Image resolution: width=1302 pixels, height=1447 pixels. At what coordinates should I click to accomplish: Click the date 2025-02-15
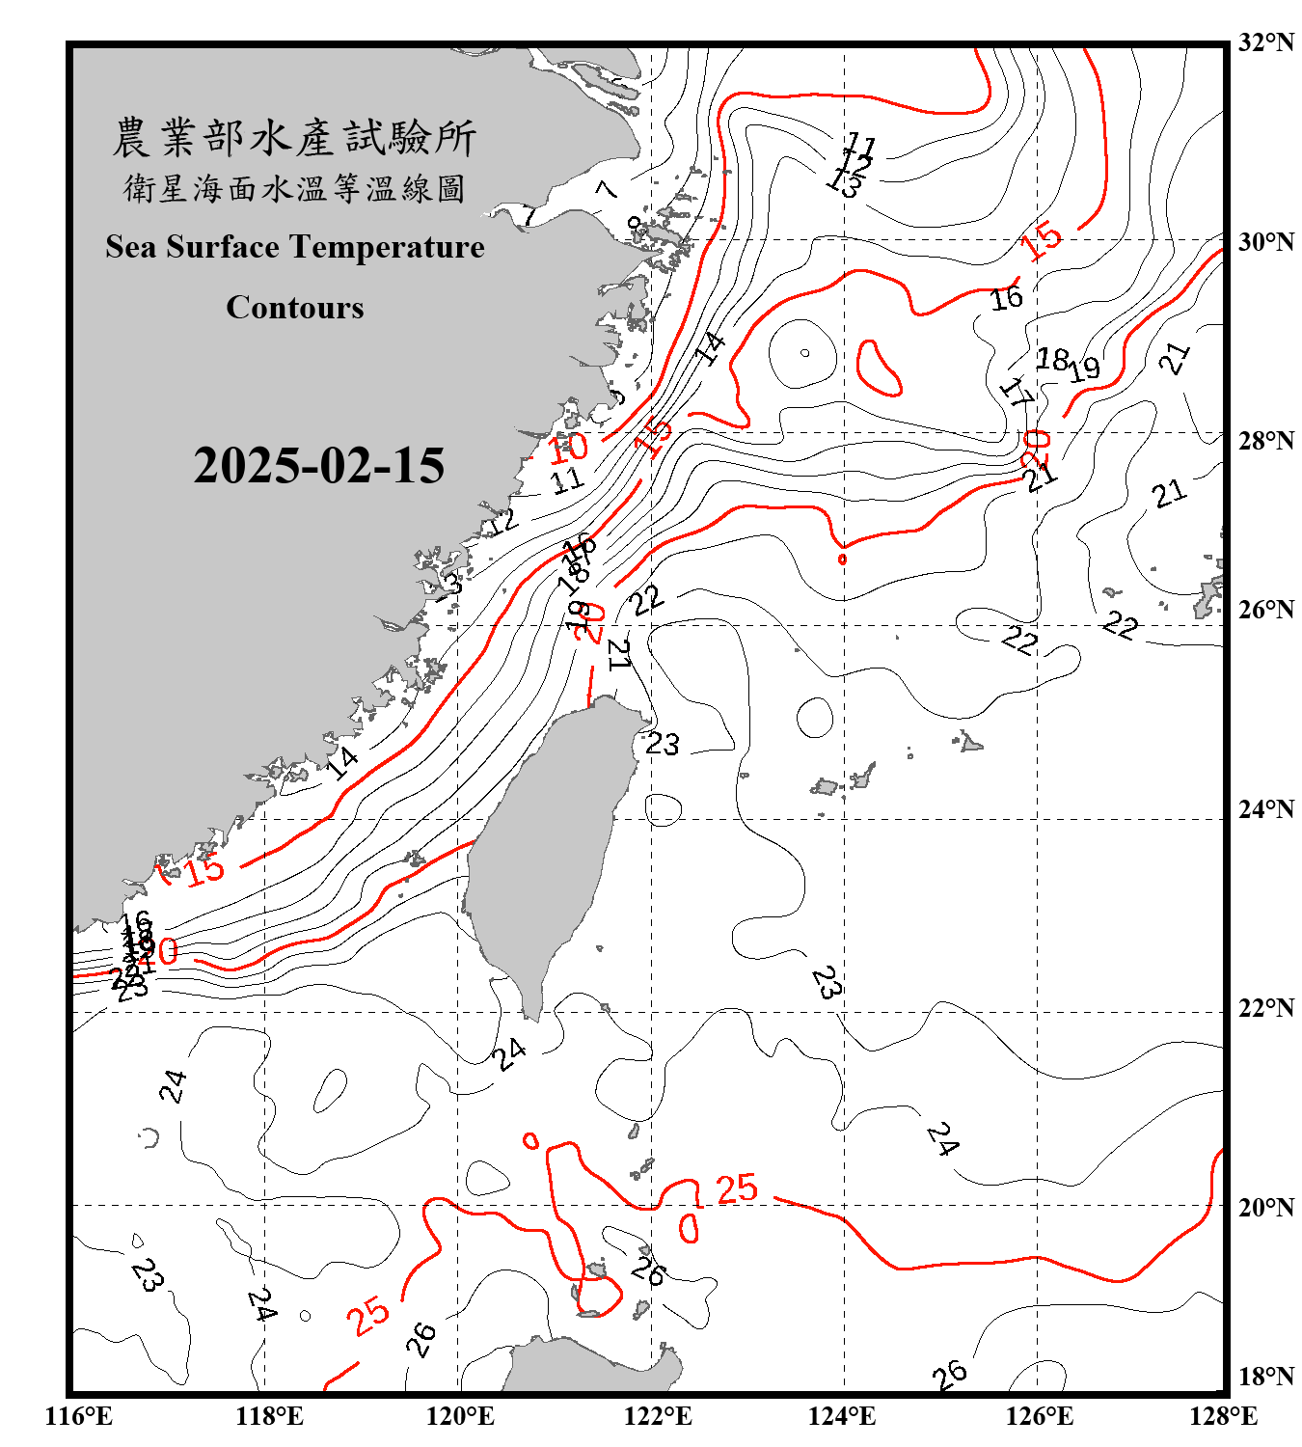pos(318,466)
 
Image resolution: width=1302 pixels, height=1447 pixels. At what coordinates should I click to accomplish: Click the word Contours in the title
pos(295,308)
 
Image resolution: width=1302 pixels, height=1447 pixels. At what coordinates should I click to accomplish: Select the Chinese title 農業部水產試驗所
pos(294,138)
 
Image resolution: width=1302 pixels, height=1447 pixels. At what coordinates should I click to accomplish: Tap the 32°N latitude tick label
pos(1265,42)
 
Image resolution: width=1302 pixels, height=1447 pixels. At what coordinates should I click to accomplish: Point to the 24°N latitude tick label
pos(1265,809)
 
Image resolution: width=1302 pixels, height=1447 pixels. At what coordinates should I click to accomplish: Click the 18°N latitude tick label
pos(1265,1377)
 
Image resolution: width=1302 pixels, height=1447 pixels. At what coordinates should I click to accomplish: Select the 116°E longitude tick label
pos(79,1416)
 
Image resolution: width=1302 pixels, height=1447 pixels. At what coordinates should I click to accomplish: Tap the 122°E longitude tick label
pos(658,1416)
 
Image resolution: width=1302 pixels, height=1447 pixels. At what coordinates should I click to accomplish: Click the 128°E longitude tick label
pos(1223,1416)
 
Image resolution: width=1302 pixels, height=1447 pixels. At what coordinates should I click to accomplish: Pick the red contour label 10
pos(568,447)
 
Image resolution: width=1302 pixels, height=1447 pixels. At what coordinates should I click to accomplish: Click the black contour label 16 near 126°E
pos(1007,298)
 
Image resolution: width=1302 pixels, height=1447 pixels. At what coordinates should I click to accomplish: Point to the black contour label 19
pos(1084,368)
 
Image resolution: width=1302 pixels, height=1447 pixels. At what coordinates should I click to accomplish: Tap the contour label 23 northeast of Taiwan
pos(663,744)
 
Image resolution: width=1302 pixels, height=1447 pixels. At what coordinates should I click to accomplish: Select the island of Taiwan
pos(550,849)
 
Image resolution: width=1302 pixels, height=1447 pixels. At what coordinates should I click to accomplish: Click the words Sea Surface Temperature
pos(295,247)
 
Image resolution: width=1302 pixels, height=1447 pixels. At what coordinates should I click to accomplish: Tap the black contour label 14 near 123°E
pos(711,348)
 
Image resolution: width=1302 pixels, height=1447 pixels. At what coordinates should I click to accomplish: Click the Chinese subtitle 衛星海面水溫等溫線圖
pos(294,189)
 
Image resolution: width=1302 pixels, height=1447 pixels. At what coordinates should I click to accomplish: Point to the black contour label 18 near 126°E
pos(1051,360)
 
